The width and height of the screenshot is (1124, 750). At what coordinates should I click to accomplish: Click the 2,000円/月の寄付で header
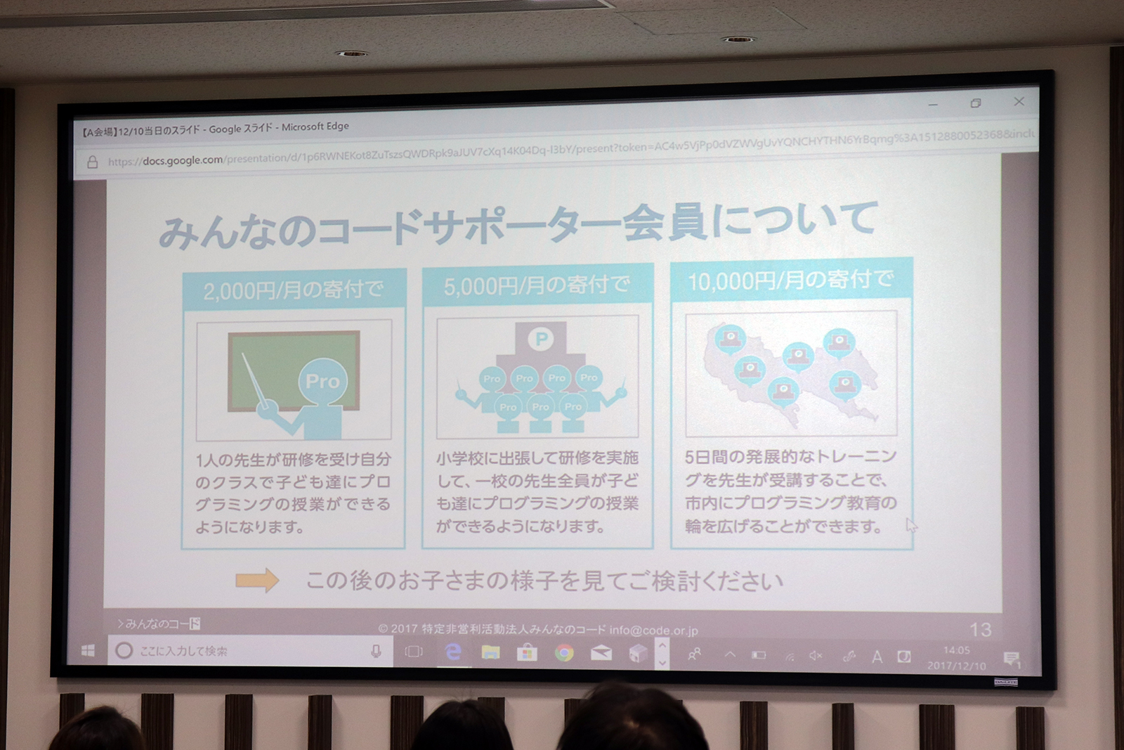[x=294, y=290]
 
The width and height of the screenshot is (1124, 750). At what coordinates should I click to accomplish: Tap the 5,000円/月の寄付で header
[x=537, y=285]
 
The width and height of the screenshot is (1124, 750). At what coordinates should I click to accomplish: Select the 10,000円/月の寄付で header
[x=790, y=280]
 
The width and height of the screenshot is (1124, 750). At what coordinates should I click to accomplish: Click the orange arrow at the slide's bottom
[x=257, y=580]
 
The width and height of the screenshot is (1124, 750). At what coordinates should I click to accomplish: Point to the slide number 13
[x=980, y=629]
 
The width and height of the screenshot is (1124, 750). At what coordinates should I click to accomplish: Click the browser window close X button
[x=1019, y=102]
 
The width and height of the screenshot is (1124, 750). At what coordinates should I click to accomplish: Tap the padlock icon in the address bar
[x=92, y=162]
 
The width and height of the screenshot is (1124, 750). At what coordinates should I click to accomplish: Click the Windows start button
[x=88, y=651]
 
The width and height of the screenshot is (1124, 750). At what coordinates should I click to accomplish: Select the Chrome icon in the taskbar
[x=563, y=653]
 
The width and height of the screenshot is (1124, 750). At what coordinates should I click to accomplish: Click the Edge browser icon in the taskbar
[x=454, y=652]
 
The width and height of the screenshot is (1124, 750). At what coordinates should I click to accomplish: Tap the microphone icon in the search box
[x=377, y=652]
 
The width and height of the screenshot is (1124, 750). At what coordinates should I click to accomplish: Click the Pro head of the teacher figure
[x=322, y=381]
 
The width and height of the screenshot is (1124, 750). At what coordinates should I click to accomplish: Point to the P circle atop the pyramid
[x=541, y=340]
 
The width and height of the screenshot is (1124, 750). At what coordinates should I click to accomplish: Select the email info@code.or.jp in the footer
[x=653, y=631]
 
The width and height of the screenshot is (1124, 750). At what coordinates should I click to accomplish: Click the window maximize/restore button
[x=975, y=103]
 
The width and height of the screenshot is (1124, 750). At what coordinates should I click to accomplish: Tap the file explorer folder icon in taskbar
[x=490, y=653]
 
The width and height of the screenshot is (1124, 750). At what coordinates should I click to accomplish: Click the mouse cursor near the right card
[x=911, y=525]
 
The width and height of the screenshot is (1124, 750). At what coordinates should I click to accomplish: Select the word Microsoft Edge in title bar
[x=315, y=127]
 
